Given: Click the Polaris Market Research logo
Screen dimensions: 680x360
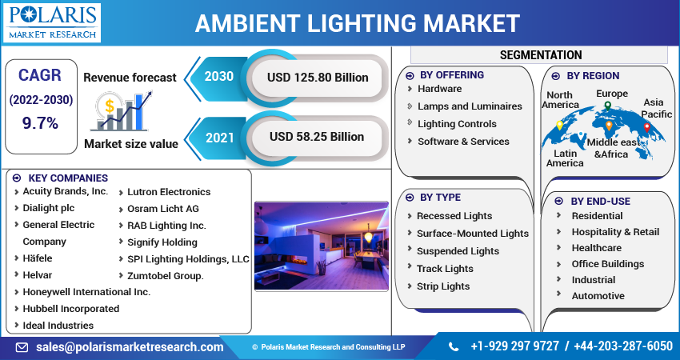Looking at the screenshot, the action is click(x=52, y=22).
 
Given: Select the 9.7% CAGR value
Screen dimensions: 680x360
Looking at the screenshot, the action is click(x=40, y=124).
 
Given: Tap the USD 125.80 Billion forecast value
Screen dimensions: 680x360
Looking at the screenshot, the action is click(x=318, y=78).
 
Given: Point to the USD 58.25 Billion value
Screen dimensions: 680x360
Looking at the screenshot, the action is click(x=317, y=137).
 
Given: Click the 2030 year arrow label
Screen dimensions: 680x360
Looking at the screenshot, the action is click(x=219, y=77).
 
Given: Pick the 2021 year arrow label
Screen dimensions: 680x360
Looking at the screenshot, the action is click(x=220, y=138).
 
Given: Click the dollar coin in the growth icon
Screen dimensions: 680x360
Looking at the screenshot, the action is click(x=110, y=106).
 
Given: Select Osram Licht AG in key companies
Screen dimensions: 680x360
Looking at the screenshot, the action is click(x=163, y=209).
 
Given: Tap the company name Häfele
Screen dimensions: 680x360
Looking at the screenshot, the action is click(x=38, y=258).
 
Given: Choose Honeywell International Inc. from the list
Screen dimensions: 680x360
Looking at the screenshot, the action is click(x=86, y=292).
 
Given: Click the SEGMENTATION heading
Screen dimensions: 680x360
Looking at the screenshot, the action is click(x=541, y=55).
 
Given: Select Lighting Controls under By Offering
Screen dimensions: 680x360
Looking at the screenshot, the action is click(x=457, y=124).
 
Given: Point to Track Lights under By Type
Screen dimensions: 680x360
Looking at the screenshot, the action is click(x=445, y=269).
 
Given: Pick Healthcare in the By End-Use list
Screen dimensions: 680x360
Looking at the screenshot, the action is click(x=596, y=248).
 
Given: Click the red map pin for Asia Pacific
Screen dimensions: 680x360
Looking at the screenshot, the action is click(x=647, y=127).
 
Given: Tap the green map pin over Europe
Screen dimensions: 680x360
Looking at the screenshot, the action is click(x=608, y=106).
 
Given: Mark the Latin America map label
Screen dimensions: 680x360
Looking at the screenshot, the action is click(x=565, y=158).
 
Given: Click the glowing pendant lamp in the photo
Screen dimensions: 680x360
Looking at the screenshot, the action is click(x=368, y=237).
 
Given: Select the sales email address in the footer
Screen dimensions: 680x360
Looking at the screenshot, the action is click(x=130, y=347).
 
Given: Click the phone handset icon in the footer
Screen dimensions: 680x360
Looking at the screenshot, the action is click(x=453, y=346).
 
